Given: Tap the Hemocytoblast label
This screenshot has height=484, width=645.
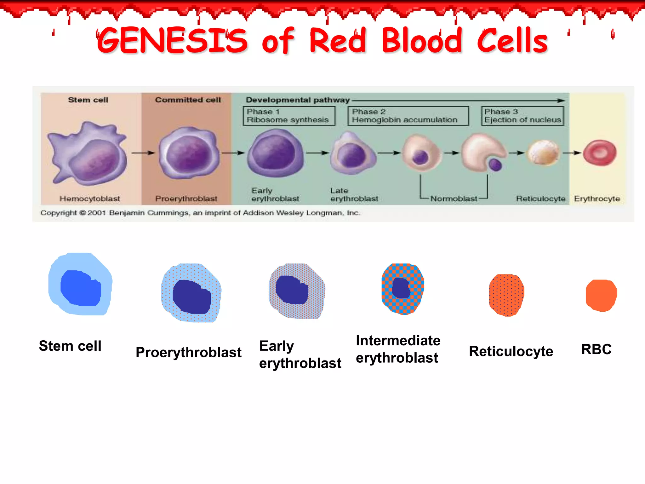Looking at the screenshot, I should click(90, 199).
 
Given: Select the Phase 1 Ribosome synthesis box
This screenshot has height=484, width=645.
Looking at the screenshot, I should click(289, 116).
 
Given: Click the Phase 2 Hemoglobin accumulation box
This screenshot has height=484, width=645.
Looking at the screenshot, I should click(408, 116).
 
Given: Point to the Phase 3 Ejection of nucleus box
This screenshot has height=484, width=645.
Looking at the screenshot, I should click(522, 116).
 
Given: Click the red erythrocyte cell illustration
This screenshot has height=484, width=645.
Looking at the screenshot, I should click(599, 153).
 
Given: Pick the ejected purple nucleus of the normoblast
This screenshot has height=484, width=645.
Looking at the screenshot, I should click(495, 164).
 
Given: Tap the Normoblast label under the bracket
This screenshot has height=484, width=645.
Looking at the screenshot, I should click(454, 199).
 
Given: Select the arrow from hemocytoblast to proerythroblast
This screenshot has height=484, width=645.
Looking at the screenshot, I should click(143, 153).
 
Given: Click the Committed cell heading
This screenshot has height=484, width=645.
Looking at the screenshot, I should click(188, 100).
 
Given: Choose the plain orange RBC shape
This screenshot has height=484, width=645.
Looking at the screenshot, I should click(601, 295).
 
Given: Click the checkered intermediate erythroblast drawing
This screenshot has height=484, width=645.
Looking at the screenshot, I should click(402, 289).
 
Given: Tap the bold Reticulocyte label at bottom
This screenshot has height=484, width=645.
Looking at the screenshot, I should click(511, 351).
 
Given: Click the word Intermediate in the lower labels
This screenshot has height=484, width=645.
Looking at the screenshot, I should click(398, 341).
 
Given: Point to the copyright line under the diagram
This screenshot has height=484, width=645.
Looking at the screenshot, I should click(200, 213).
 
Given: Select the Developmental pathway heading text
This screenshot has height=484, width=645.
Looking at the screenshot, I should click(298, 100).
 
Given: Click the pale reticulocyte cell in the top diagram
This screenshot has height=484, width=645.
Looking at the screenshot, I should click(543, 153).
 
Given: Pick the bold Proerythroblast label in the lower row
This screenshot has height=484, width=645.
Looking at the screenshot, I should click(188, 352).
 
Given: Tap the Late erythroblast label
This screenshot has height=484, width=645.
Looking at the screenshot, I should click(354, 195).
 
